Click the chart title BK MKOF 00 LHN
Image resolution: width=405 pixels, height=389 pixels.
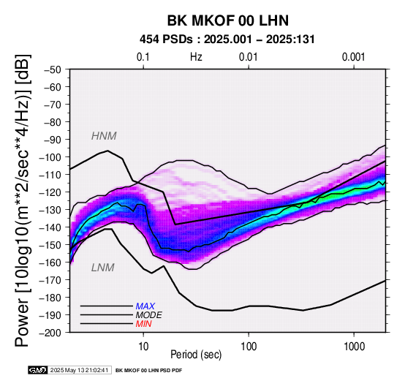(228, 20)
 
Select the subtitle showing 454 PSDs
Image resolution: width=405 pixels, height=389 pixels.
(227, 39)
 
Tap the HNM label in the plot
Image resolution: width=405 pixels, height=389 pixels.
(104, 136)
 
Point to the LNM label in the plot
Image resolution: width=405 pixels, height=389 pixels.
(103, 268)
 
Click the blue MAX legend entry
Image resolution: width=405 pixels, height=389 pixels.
(145, 306)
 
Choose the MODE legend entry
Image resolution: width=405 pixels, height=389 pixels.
(149, 315)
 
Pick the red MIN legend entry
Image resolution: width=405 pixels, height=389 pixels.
(143, 324)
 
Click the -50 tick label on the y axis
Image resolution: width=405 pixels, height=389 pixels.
(53, 69)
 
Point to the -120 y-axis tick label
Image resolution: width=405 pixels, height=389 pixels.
(50, 192)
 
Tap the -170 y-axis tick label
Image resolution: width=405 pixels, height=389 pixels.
(50, 280)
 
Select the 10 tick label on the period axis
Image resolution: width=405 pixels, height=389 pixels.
(143, 347)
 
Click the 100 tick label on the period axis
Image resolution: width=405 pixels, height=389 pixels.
(249, 347)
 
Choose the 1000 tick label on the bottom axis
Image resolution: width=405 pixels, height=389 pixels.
(354, 347)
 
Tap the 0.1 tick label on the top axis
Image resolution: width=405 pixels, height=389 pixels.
(143, 57)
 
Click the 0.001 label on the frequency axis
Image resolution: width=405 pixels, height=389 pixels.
(353, 57)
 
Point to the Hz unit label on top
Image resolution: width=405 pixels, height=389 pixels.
(196, 57)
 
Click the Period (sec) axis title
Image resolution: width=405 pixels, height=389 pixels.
(196, 355)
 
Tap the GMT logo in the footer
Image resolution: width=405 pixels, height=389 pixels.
(38, 371)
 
